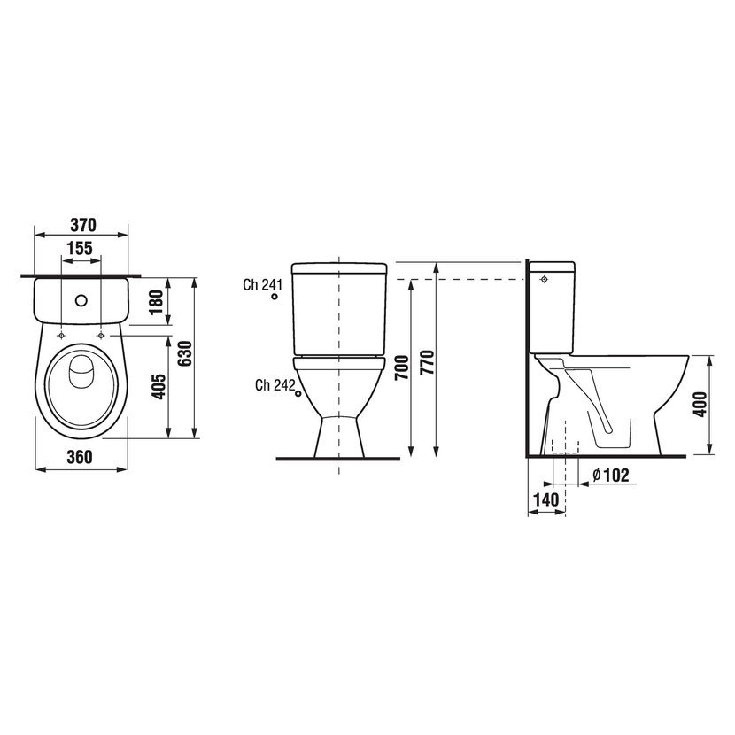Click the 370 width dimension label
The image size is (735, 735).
click(x=83, y=225)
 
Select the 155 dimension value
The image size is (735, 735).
click(x=80, y=249)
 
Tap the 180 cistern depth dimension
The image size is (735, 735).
click(x=157, y=301)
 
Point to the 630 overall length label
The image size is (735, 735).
click(x=185, y=353)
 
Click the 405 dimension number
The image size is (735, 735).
click(x=159, y=387)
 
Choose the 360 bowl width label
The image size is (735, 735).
click(x=80, y=457)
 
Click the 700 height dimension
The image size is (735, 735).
click(x=402, y=368)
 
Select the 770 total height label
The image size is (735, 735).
click(x=427, y=362)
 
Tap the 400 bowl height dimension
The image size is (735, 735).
click(x=700, y=405)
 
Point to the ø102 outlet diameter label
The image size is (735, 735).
click(x=610, y=475)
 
